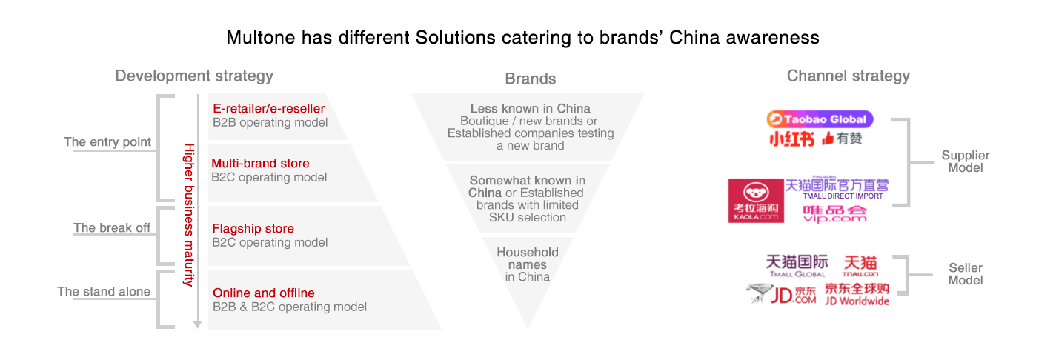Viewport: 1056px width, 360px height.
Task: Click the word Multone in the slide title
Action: (257, 38)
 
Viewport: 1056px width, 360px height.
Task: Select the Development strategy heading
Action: (194, 76)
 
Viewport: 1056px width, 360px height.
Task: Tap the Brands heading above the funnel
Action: (530, 79)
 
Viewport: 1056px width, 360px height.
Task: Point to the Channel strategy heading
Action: (848, 76)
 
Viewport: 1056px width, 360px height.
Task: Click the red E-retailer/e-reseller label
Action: (268, 108)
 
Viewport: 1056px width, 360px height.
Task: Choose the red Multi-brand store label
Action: (260, 163)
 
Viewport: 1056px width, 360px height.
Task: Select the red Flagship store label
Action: (253, 228)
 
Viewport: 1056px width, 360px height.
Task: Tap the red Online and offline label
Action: (263, 293)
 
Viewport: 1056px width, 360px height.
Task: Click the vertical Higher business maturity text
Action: (188, 215)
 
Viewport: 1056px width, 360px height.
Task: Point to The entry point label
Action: (107, 142)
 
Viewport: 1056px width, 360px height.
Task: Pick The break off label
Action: (112, 228)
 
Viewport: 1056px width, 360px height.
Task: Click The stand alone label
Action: (104, 292)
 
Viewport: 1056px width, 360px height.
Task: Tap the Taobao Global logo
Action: (820, 119)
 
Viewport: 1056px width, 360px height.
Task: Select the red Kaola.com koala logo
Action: (755, 200)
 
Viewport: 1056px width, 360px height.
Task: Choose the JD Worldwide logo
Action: (857, 294)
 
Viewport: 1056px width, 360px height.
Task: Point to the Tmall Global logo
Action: (797, 265)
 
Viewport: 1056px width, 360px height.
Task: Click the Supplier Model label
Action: (965, 161)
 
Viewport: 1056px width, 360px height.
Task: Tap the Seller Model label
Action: (966, 274)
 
